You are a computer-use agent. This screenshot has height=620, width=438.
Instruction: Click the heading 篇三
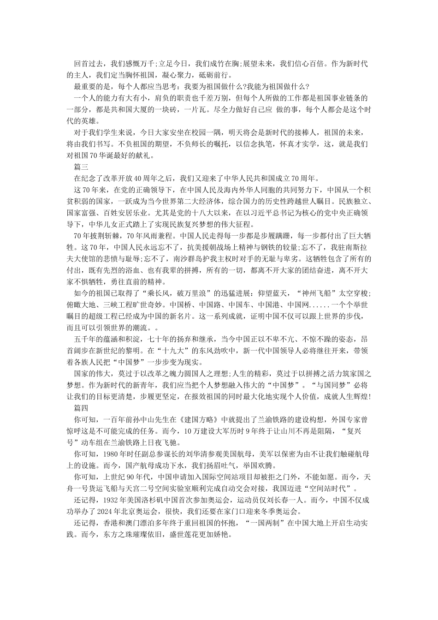[x=81, y=167]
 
